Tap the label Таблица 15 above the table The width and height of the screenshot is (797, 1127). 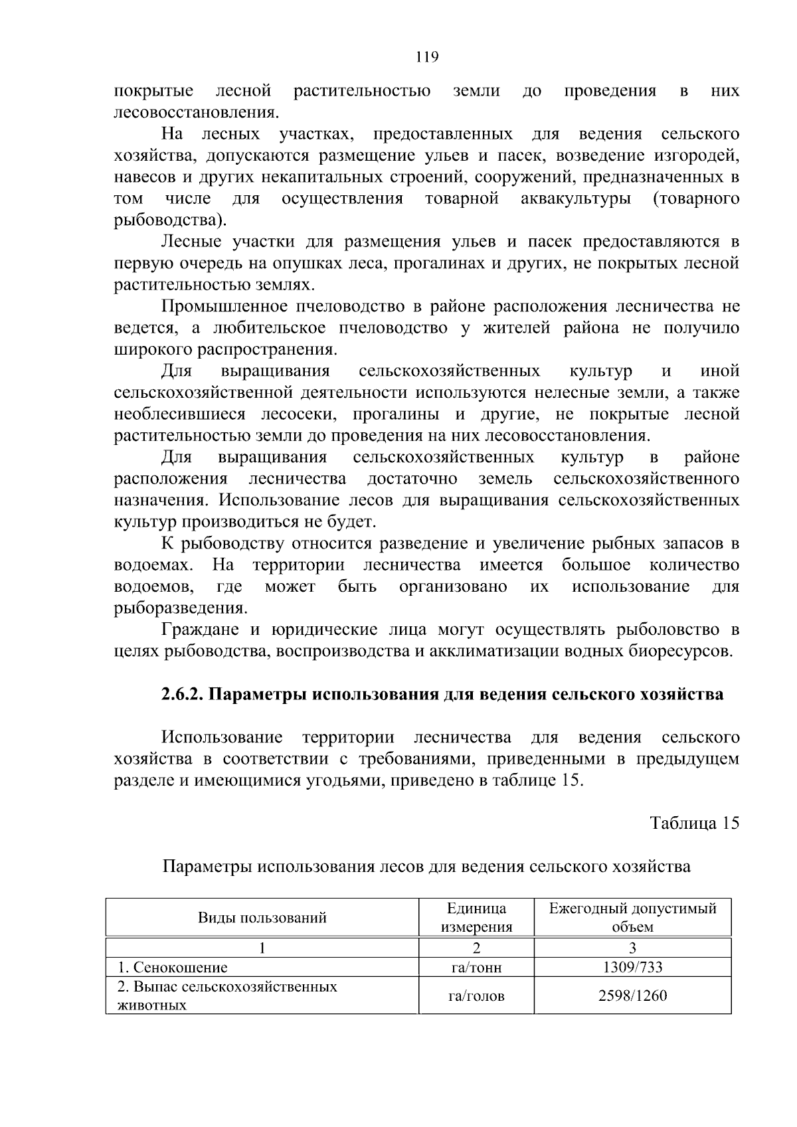click(694, 824)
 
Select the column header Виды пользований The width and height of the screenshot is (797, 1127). click(262, 918)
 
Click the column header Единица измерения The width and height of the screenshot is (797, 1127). click(476, 918)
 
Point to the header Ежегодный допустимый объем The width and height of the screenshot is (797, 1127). click(632, 918)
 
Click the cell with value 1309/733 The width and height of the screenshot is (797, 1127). click(632, 968)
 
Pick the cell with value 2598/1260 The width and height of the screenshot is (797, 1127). click(632, 996)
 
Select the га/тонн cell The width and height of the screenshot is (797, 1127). click(476, 968)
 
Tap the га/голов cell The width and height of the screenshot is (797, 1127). click(476, 996)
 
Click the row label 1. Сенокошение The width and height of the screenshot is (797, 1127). click(172, 968)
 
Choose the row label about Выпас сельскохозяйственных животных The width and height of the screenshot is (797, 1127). click(226, 996)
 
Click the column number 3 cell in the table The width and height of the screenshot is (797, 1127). click(632, 948)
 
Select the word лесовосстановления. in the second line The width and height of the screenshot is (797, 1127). click(195, 112)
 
